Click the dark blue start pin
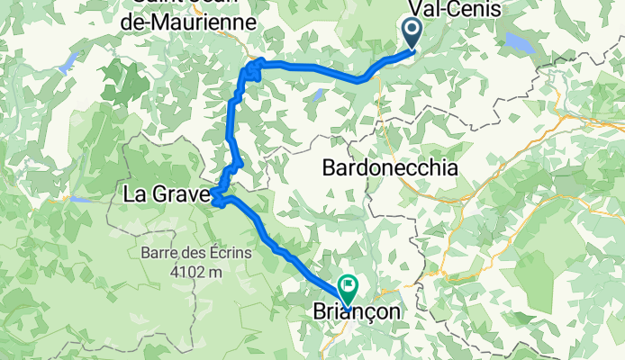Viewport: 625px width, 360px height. [412, 33]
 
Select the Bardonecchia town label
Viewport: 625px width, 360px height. [389, 168]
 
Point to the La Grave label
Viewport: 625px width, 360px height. [167, 193]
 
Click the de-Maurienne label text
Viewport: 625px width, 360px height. [186, 20]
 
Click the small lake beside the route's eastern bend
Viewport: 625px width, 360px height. [319, 92]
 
